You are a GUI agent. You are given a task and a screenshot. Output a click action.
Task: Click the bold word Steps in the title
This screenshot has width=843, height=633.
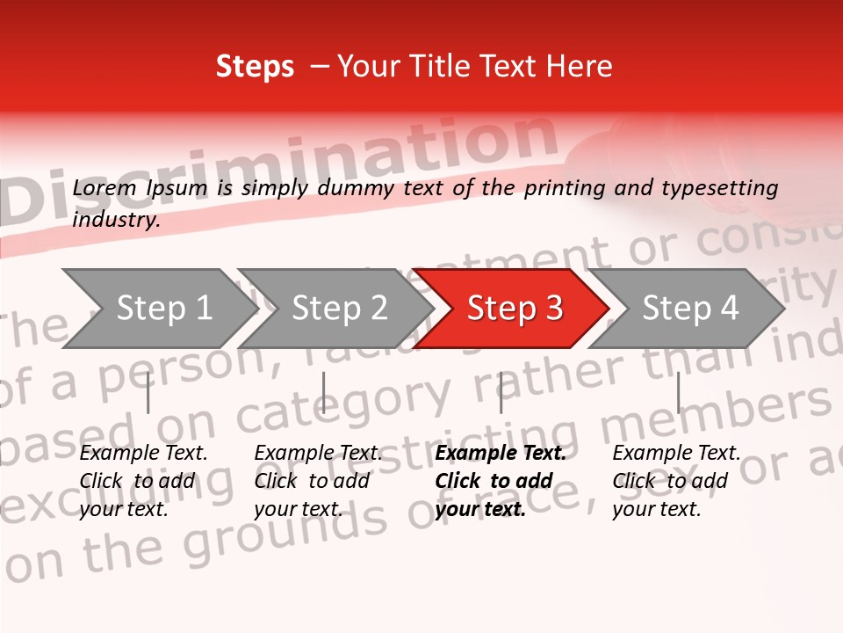255,66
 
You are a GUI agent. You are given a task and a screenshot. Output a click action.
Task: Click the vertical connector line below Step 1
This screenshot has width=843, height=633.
148,392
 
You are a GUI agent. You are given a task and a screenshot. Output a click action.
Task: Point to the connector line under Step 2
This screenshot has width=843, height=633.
324,392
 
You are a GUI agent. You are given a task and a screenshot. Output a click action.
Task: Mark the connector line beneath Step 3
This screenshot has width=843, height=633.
501,392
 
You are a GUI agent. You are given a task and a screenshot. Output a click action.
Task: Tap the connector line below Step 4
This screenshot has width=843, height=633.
678,392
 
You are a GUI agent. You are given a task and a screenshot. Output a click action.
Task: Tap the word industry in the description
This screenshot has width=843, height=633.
116,219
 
